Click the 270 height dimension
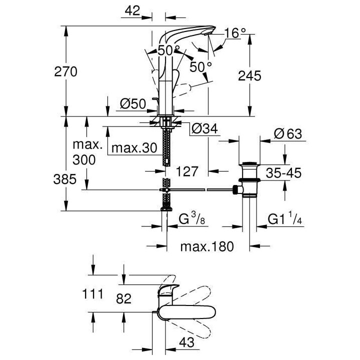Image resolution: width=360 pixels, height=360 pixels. tap(66, 71)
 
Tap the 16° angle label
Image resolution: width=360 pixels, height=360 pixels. tap(235, 33)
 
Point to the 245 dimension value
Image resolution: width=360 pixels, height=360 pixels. tap(250, 75)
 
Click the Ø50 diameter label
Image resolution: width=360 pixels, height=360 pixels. tap(132, 103)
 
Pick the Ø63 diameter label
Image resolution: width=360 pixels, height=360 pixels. tap(288, 134)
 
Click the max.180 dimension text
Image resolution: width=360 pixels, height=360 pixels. tap(207, 247)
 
